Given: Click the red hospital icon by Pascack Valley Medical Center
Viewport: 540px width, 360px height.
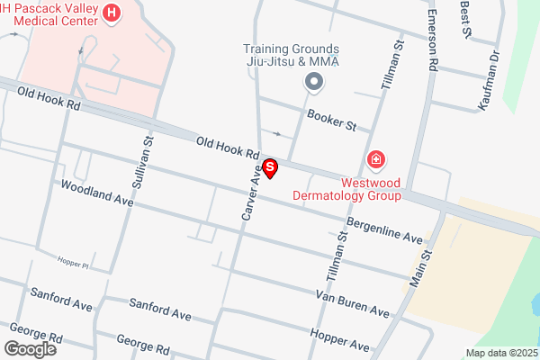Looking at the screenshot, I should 112,13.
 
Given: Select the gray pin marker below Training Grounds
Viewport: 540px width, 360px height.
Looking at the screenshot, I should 314,84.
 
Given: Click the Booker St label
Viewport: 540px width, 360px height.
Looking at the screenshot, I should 332,120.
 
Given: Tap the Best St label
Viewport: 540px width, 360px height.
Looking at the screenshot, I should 465,18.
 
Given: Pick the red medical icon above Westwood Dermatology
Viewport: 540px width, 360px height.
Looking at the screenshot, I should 376,161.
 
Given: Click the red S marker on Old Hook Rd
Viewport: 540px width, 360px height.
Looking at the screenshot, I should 270,168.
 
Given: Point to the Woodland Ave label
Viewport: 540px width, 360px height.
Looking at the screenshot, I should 97,193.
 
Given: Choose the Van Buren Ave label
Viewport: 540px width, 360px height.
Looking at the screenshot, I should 352,304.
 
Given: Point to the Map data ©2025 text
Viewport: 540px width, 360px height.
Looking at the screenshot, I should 499,353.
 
